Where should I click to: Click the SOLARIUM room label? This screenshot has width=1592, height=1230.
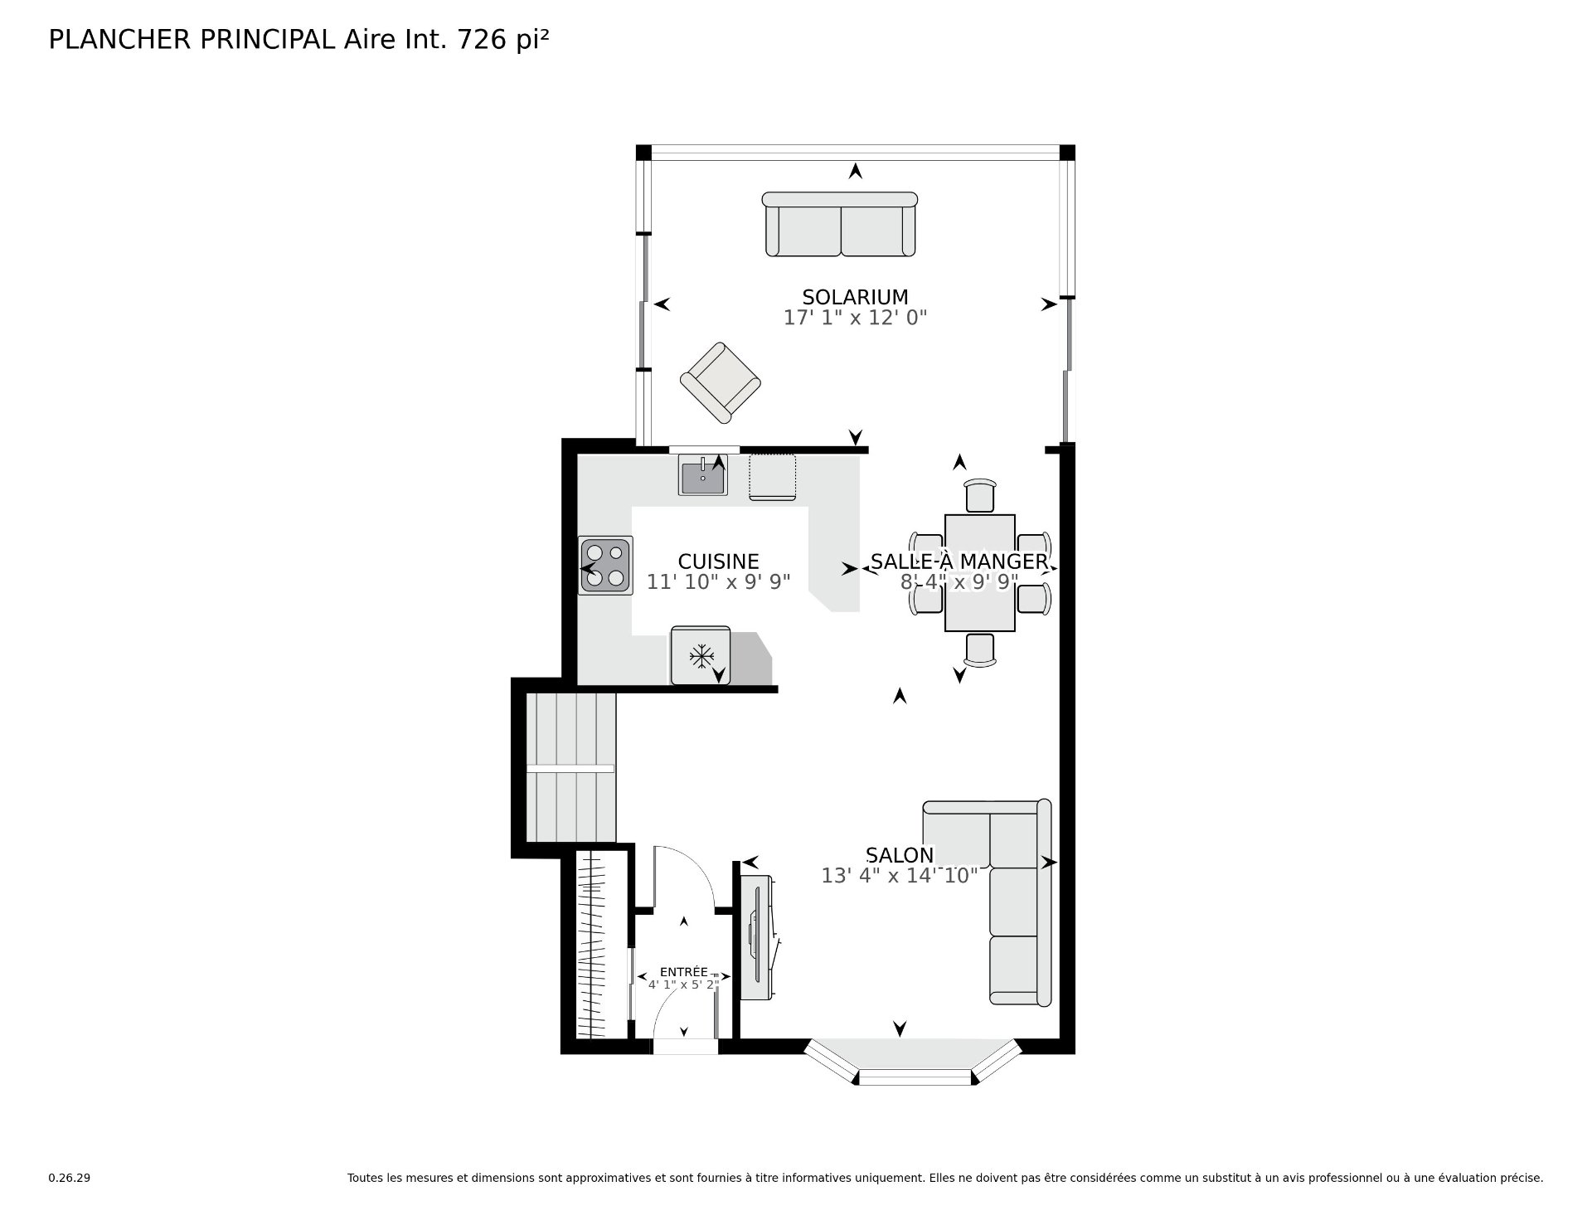(855, 297)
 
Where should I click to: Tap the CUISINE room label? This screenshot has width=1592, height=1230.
(718, 562)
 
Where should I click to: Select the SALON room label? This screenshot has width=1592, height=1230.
(900, 855)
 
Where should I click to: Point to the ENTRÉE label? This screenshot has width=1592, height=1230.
(683, 972)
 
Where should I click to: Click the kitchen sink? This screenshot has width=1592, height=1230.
(703, 475)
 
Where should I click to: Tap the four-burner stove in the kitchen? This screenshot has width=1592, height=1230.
(605, 565)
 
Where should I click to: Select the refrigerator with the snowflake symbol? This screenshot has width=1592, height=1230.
(701, 655)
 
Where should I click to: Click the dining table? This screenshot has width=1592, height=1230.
(980, 573)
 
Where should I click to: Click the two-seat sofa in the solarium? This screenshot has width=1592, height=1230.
(840, 224)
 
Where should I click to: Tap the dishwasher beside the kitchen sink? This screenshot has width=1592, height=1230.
(773, 477)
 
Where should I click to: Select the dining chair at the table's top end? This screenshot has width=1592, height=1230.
(980, 496)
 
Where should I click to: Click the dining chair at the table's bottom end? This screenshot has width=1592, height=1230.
(980, 649)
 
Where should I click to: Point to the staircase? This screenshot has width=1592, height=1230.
(571, 769)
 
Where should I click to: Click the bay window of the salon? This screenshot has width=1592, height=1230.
(914, 1063)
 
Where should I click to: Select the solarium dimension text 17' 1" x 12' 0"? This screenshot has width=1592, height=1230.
(855, 318)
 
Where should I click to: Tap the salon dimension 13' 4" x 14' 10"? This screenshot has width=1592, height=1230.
(900, 876)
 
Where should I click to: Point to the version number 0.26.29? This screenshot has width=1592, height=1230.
(70, 1178)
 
